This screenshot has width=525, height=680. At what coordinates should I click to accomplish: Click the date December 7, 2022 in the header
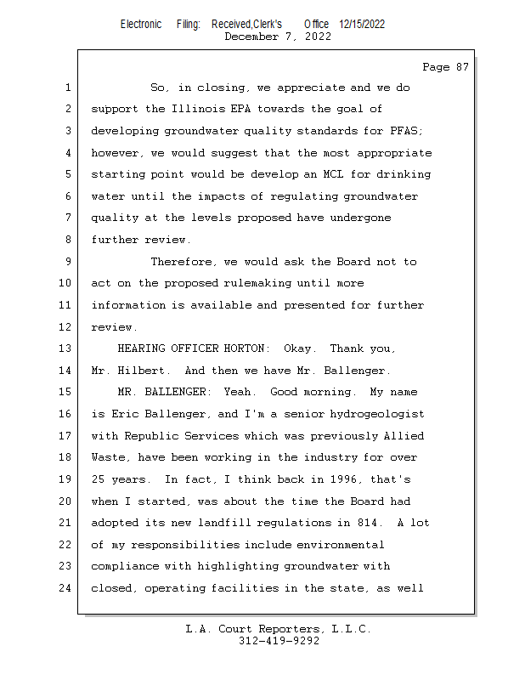278,37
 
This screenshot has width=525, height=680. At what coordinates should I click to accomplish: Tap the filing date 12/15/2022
362,24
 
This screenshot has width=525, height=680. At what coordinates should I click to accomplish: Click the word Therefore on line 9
180,262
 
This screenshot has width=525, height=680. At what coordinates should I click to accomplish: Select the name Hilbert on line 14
151,371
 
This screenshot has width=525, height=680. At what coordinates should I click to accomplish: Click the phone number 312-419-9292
279,642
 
